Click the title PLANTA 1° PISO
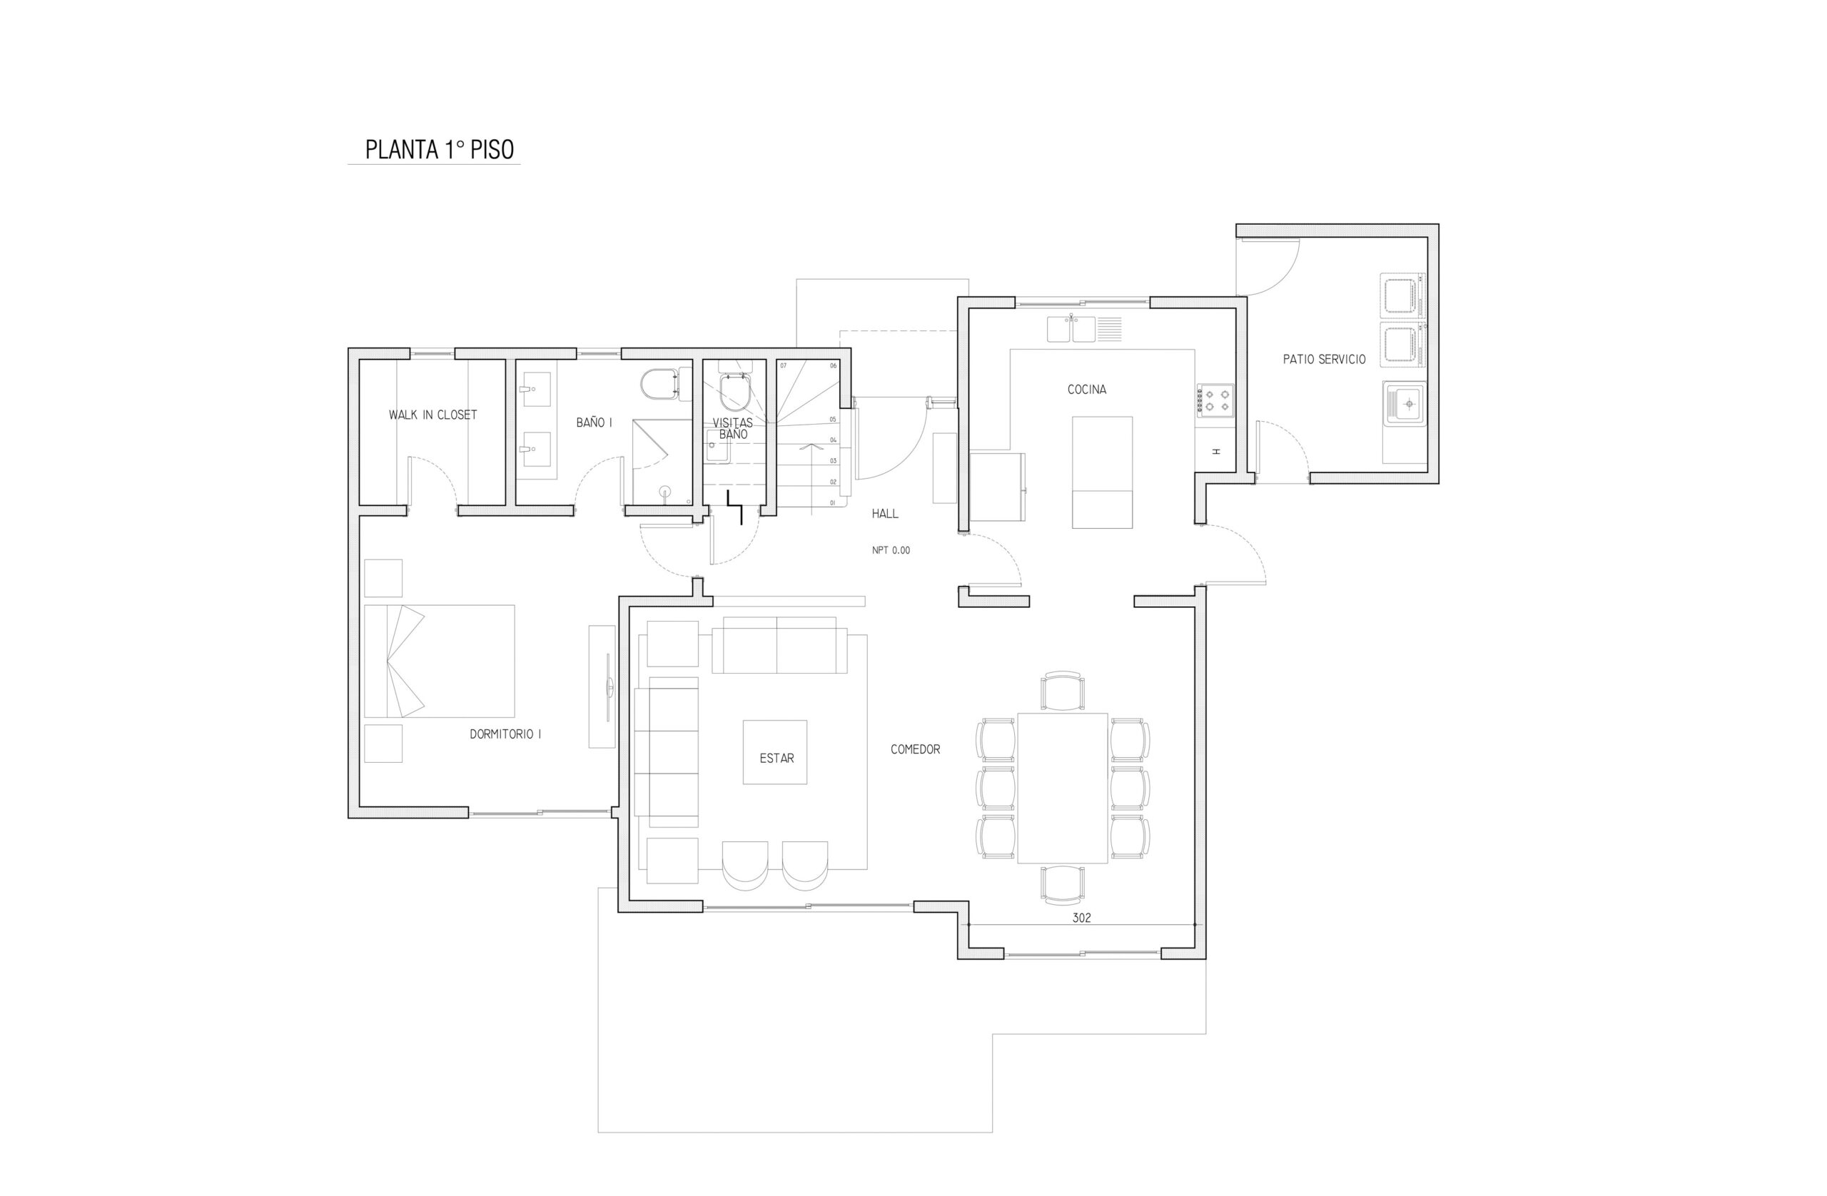coord(439,149)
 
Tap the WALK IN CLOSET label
coord(433,415)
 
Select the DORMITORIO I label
coord(505,734)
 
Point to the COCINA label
coord(1087,389)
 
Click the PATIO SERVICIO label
coord(1324,358)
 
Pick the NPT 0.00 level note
coord(891,550)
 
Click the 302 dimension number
coord(1082,918)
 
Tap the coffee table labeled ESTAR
coord(774,751)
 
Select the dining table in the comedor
coord(1063,789)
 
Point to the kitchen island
coord(1102,472)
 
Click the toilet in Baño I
coord(660,385)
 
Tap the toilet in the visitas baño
coord(735,392)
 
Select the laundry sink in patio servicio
coord(1404,403)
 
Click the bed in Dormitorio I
coord(439,661)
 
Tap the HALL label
coord(884,514)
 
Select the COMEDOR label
coord(915,749)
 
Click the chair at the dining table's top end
coord(1063,691)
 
